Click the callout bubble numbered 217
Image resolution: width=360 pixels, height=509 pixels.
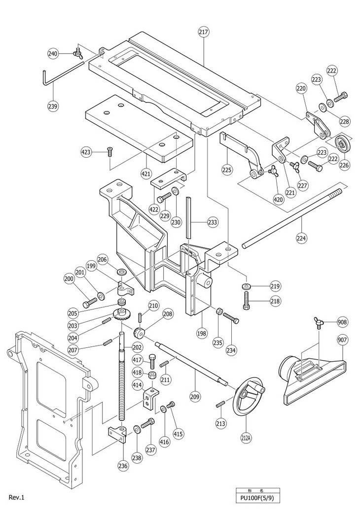point(204,32)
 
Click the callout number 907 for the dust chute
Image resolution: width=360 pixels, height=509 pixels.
point(342,340)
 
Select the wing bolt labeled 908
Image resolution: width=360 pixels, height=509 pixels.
point(319,324)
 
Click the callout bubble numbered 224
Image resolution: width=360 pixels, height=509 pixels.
point(301,238)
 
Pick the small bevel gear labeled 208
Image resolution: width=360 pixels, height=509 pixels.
point(139,333)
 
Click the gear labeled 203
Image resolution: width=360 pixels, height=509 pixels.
point(122,314)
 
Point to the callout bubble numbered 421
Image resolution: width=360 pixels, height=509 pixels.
point(146,173)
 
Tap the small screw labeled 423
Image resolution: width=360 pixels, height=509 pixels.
point(109,151)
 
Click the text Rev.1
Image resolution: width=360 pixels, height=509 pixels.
point(17,497)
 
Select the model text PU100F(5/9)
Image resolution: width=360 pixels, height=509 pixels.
point(258,498)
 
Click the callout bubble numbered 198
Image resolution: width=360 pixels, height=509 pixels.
point(201,334)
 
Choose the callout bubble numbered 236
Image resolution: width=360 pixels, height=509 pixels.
point(123,466)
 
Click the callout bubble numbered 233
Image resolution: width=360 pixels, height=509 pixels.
point(213,222)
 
